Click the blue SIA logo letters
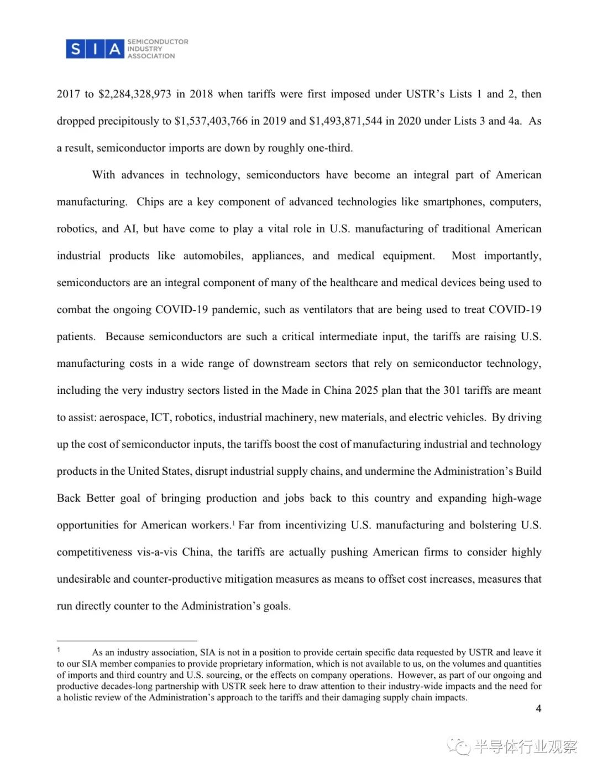pos(95,49)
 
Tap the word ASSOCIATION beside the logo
pos(151,56)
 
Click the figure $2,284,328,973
pos(135,94)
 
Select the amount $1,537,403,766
pos(211,121)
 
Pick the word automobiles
pos(213,256)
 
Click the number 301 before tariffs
pos(452,391)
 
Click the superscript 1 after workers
pos(234,522)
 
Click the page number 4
pos(538,709)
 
